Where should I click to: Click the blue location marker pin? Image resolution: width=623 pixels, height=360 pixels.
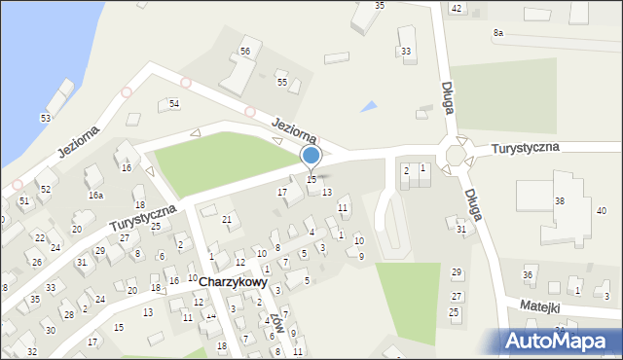[x=311, y=157]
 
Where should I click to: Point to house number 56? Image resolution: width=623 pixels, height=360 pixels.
[x=245, y=51]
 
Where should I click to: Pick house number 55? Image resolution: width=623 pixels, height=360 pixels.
[x=282, y=83]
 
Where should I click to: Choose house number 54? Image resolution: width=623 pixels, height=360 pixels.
[x=174, y=103]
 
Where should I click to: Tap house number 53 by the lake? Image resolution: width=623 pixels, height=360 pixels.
[x=45, y=118]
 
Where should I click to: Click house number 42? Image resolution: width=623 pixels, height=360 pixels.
[x=456, y=8]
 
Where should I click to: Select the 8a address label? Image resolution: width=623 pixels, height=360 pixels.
[x=498, y=33]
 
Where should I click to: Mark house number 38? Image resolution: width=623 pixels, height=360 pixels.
[x=560, y=200]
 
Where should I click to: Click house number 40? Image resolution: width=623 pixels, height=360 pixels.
[x=601, y=210]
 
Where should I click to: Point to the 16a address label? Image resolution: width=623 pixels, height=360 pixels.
[x=95, y=196]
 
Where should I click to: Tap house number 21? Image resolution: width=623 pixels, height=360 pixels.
[x=226, y=220]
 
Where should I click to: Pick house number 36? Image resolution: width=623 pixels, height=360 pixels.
[x=528, y=275]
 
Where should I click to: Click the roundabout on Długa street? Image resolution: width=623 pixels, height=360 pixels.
[x=456, y=153]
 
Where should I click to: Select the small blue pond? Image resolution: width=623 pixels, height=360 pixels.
[x=368, y=106]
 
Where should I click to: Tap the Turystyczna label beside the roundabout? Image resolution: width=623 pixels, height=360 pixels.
[x=525, y=147]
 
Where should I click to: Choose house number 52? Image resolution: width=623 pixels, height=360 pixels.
[x=45, y=188]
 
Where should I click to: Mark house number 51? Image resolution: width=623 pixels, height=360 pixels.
[x=24, y=200]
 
